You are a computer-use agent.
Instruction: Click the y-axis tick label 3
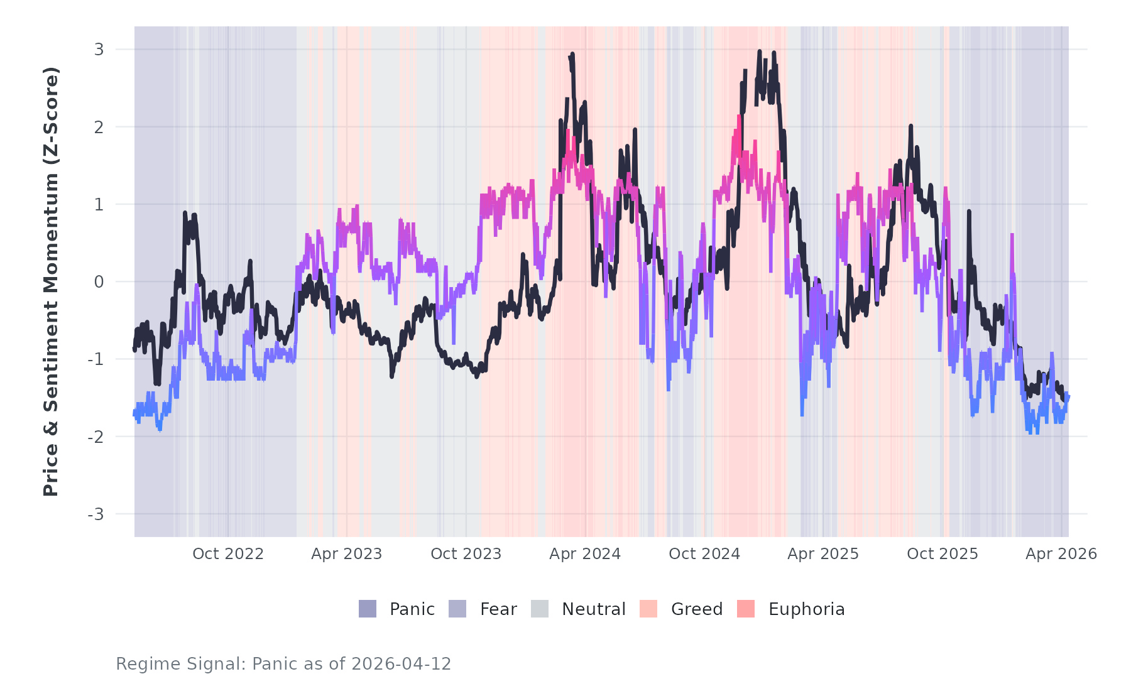99,50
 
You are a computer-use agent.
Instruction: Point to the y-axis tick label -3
96,514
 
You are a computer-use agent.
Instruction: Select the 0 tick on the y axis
99,282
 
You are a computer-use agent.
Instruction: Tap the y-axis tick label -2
96,437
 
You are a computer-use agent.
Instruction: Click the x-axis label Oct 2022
227,554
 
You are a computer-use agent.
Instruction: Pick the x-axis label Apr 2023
347,554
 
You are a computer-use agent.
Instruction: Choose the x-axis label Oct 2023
466,554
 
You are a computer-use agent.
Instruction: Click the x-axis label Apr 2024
585,554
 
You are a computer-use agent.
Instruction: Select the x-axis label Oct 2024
704,554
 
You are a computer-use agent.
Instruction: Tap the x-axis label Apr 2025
823,554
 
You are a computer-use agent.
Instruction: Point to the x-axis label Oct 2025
942,554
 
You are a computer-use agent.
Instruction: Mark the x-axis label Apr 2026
1061,554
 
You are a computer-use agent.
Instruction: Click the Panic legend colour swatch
368,609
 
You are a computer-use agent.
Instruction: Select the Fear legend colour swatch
457,609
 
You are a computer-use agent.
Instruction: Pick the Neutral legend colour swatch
540,609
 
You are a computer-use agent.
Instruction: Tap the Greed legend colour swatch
648,609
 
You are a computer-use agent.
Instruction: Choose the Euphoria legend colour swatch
746,609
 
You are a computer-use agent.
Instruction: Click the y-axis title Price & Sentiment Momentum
50,281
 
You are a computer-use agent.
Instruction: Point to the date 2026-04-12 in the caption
402,664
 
